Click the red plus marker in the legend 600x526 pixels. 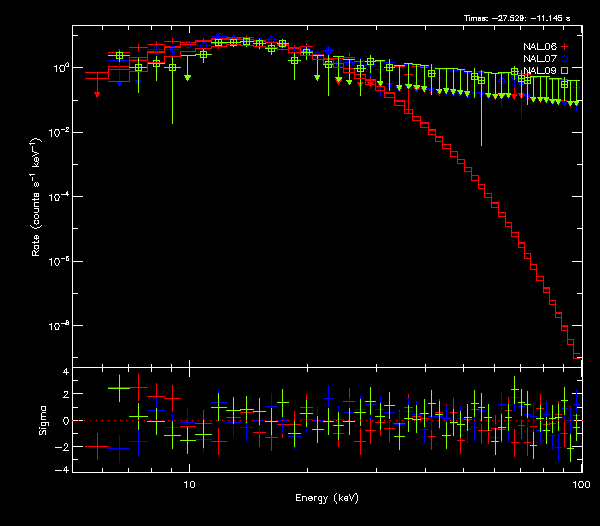[x=565, y=47]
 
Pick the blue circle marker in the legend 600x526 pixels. [x=565, y=59]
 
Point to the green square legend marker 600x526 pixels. [x=565, y=71]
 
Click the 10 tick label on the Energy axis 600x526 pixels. [x=189, y=483]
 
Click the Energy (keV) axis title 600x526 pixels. [x=327, y=498]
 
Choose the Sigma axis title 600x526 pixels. [x=43, y=420]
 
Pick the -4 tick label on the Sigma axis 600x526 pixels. [x=63, y=469]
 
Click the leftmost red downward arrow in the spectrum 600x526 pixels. [x=97, y=94]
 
